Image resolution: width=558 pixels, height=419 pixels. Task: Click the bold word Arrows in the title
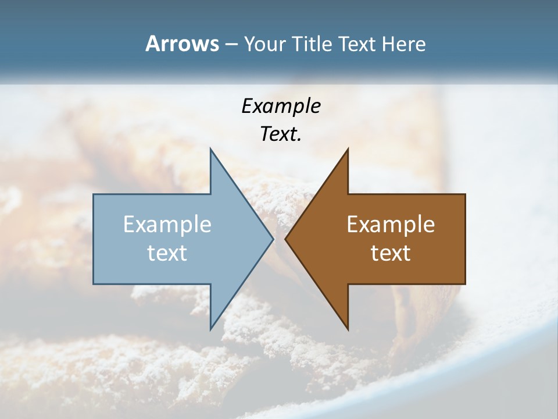coord(181,44)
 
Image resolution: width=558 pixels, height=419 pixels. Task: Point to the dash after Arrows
coord(231,45)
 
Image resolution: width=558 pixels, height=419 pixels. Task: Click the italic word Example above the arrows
coord(281,106)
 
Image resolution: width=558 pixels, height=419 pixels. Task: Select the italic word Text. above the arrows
coord(281,134)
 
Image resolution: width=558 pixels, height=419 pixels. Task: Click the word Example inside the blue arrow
coord(167,225)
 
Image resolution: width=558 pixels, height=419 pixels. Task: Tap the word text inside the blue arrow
coord(167,253)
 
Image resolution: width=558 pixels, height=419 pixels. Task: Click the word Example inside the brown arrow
coord(391,225)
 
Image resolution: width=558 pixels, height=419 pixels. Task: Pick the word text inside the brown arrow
coord(391,253)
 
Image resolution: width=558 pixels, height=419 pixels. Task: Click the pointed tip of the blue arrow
coord(273,239)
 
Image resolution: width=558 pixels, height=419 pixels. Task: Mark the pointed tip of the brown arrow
coord(285,239)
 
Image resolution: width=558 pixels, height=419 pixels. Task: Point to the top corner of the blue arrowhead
coord(210,149)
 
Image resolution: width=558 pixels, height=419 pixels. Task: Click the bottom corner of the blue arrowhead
coord(210,329)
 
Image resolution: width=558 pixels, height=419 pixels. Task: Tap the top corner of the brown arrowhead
coord(348,149)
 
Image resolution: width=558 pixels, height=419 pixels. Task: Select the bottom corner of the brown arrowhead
coord(348,329)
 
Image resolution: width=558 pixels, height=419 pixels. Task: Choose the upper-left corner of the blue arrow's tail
coord(94,194)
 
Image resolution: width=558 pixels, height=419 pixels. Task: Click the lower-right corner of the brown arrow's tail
coord(465,284)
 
